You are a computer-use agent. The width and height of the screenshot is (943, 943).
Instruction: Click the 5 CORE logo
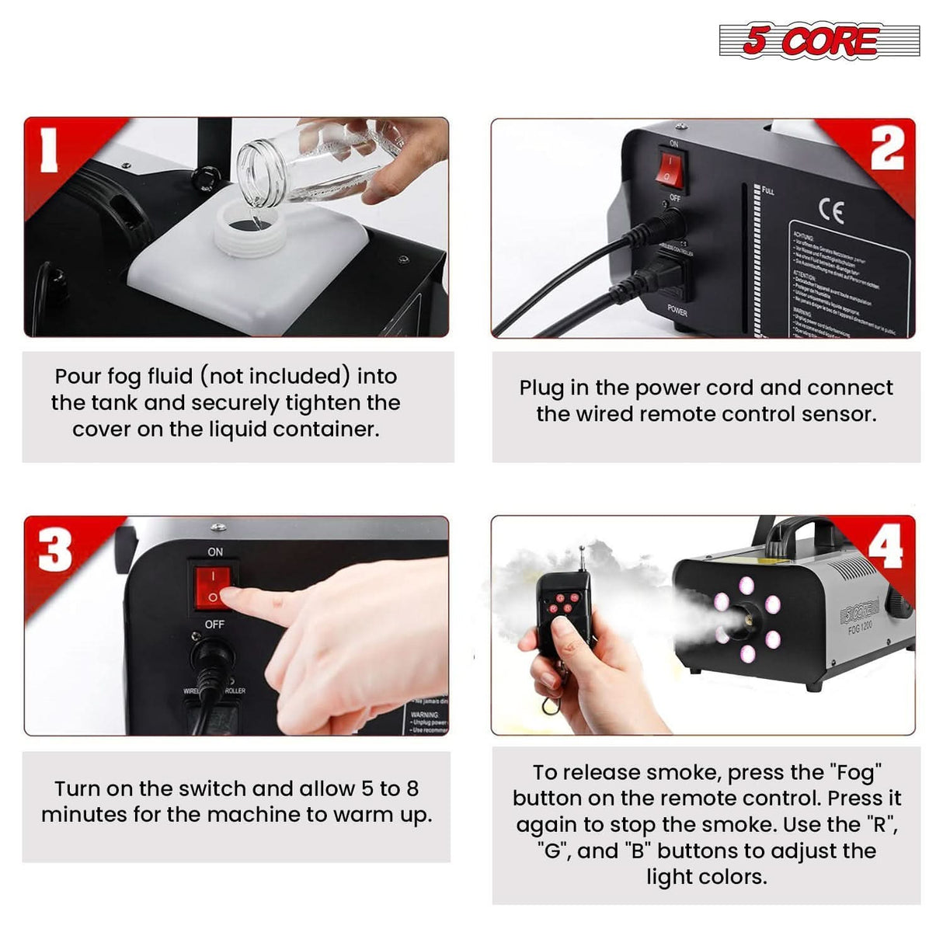pyautogui.click(x=819, y=40)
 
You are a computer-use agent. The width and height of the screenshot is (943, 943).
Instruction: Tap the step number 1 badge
pyautogui.click(x=50, y=150)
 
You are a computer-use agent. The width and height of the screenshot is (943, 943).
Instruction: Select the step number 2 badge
pyautogui.click(x=886, y=148)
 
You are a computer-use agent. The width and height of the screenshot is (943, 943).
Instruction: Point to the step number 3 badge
pyautogui.click(x=54, y=551)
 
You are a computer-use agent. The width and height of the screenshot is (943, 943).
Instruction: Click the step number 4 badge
pyautogui.click(x=886, y=547)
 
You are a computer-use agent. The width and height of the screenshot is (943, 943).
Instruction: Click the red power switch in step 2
pyautogui.click(x=669, y=171)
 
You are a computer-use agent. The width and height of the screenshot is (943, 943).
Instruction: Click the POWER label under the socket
pyautogui.click(x=677, y=310)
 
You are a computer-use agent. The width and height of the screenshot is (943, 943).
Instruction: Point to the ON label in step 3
pyautogui.click(x=215, y=552)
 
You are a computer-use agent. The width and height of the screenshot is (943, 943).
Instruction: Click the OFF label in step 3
pyautogui.click(x=214, y=624)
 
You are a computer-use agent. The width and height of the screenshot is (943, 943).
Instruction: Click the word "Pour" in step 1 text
pyautogui.click(x=78, y=377)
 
